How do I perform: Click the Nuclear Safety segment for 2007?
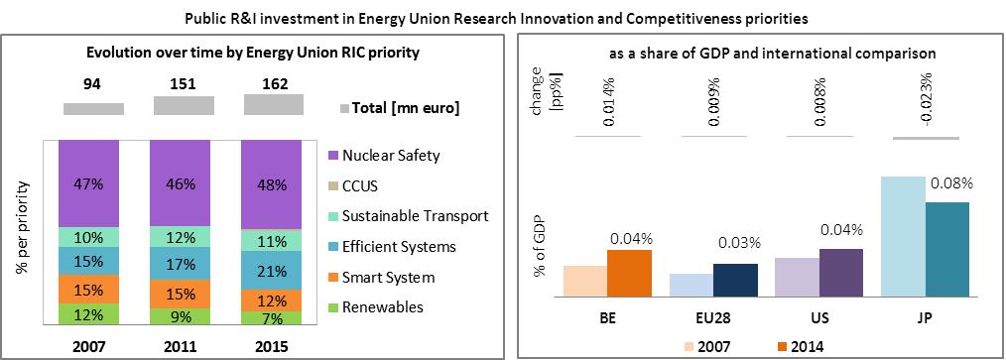click(88, 182)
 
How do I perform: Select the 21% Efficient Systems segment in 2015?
click(272, 270)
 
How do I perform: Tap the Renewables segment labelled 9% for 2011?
click(181, 315)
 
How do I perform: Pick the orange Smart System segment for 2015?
click(272, 300)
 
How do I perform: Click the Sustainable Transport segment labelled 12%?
click(181, 237)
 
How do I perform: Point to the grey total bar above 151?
click(183, 106)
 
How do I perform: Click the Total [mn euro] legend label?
click(397, 109)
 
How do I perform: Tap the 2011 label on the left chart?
click(181, 346)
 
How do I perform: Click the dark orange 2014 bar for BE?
click(629, 274)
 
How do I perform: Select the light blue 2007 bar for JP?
click(904, 237)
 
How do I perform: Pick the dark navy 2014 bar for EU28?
click(735, 281)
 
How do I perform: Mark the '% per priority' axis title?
click(23, 228)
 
